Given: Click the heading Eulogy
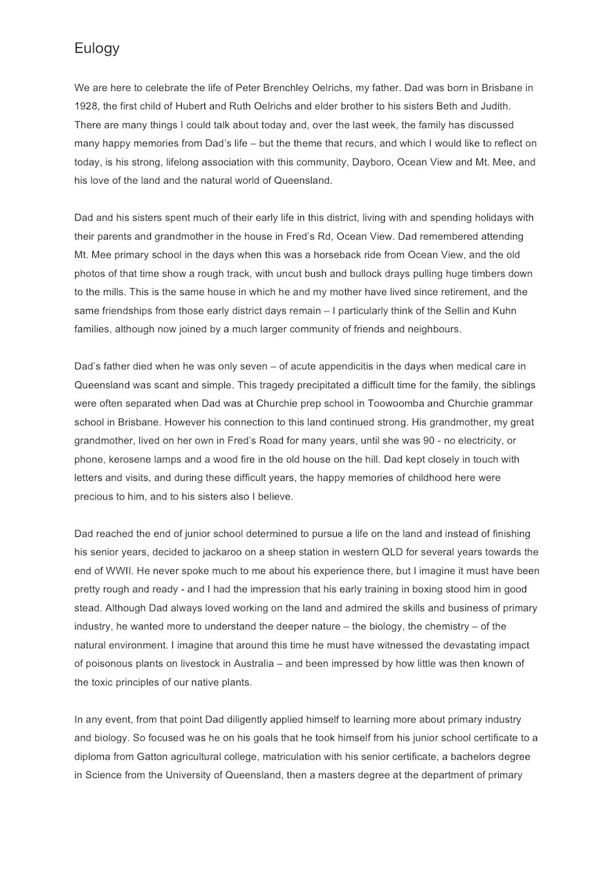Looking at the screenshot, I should click(97, 49).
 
